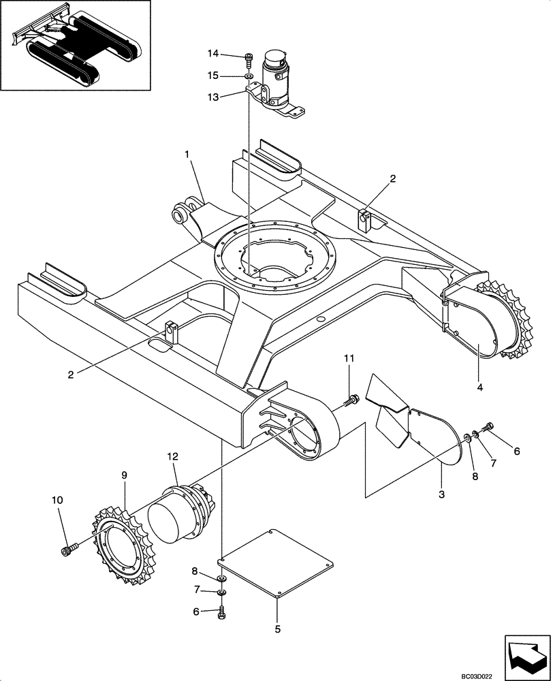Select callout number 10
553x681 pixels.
point(57,501)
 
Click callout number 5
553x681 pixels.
point(277,630)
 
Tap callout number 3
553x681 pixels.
point(441,494)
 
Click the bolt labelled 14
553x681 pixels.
point(249,59)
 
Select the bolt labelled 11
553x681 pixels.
point(351,400)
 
